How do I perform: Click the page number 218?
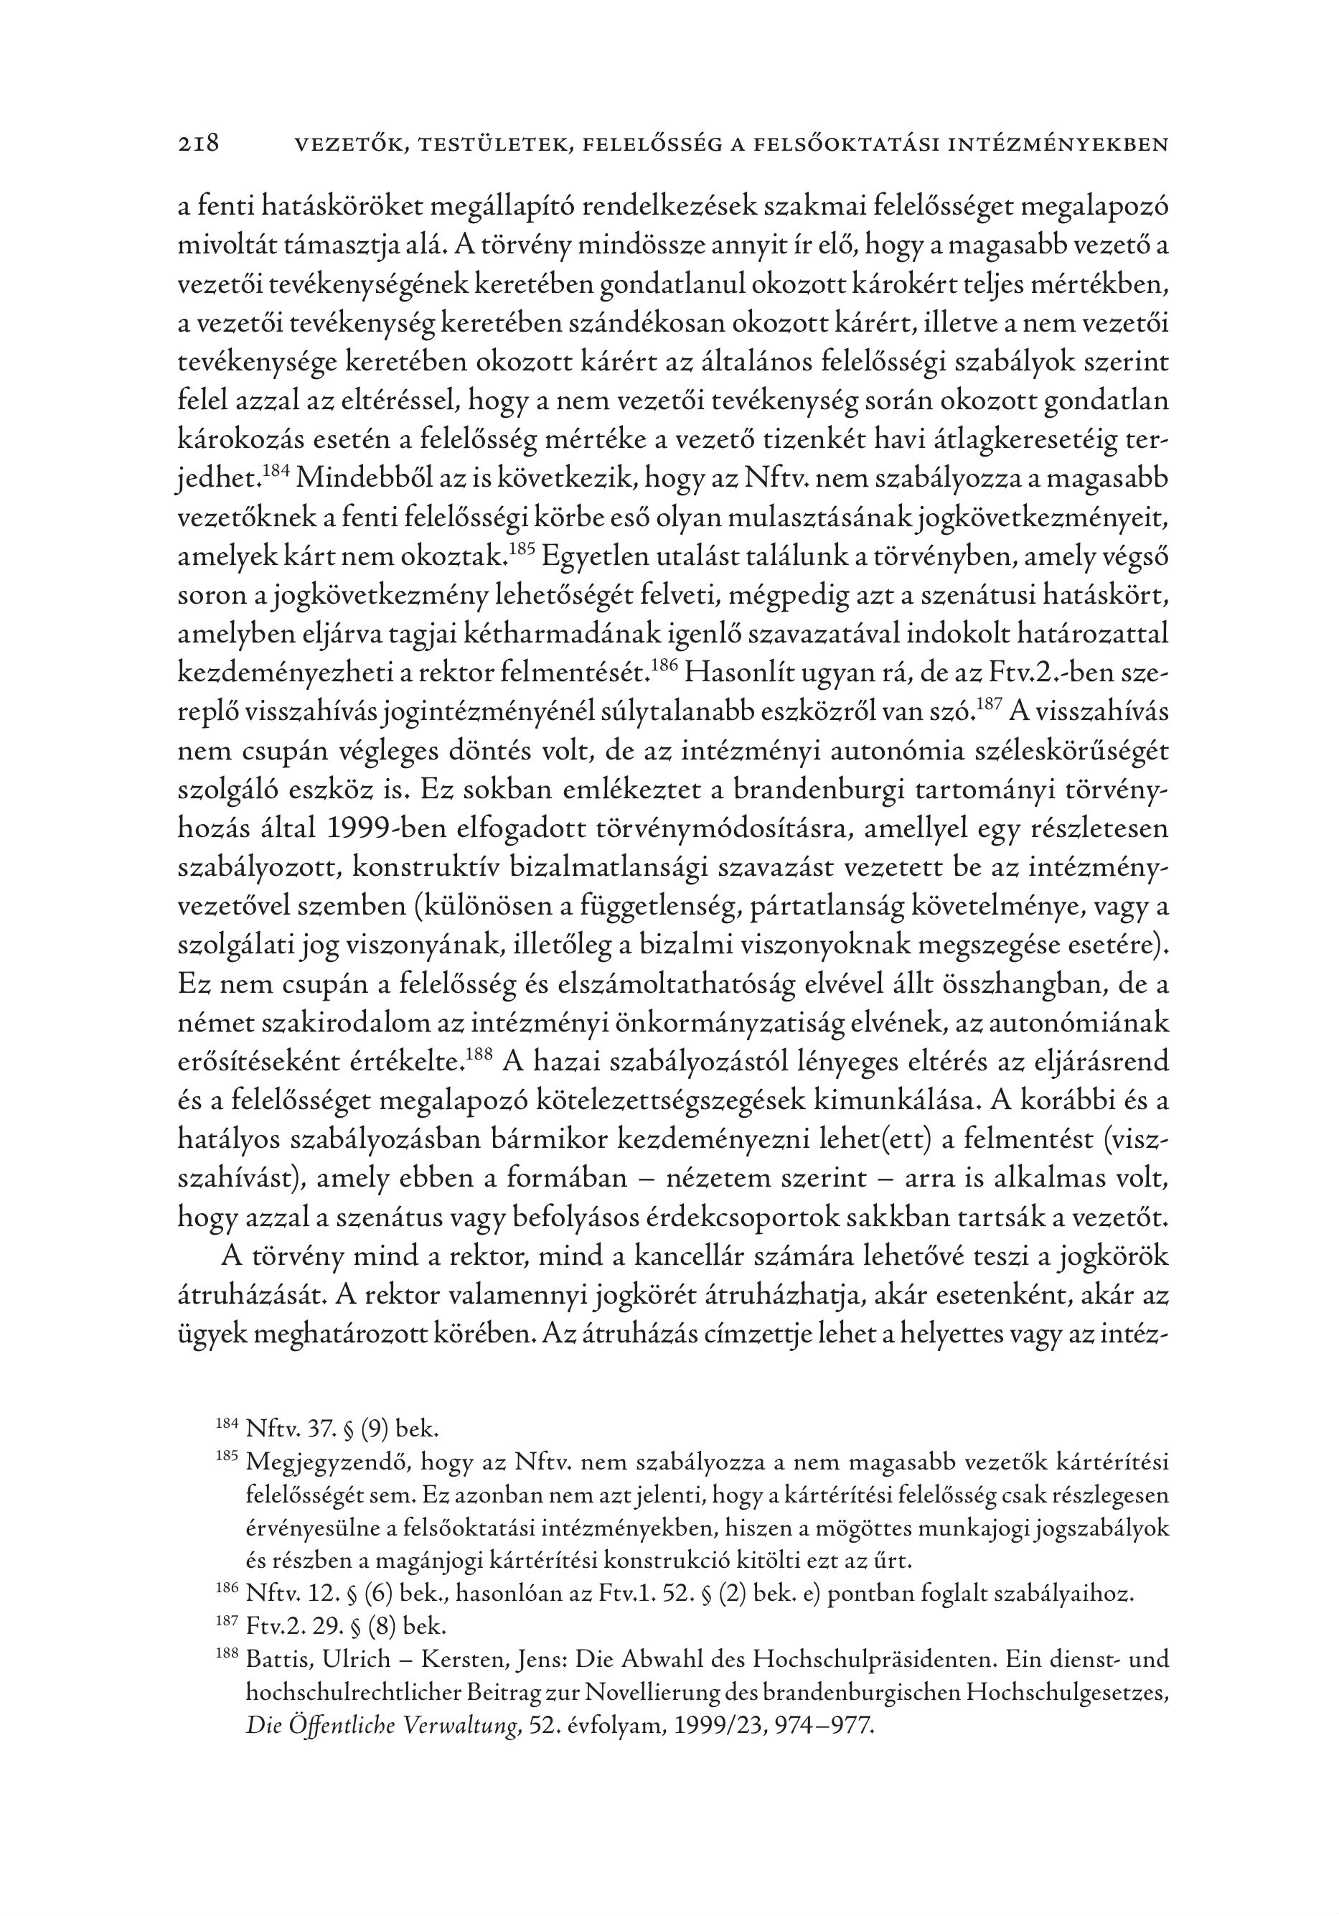[199, 144]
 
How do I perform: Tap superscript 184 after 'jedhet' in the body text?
[275, 472]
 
